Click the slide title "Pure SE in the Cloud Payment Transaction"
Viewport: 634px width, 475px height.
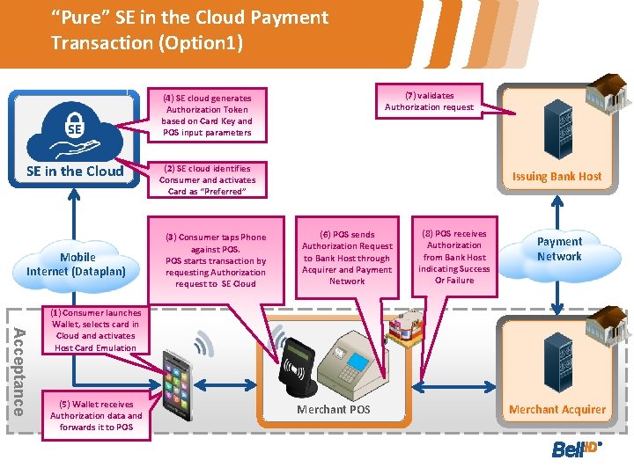(x=189, y=29)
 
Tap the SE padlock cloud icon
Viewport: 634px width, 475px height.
(x=76, y=127)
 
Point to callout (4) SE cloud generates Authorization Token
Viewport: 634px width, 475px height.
(x=206, y=115)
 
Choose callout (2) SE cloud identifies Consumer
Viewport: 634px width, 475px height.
(x=207, y=179)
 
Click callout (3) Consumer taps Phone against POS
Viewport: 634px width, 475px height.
(x=216, y=259)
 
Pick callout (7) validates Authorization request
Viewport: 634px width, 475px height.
(x=429, y=101)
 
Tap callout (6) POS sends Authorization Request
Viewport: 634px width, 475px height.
(x=347, y=258)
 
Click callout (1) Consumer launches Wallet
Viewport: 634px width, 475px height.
(x=95, y=330)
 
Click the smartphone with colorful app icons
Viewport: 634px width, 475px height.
(x=187, y=383)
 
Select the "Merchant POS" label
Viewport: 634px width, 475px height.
(x=334, y=410)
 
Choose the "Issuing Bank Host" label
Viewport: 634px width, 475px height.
(x=557, y=176)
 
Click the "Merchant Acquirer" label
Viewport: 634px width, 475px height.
(x=557, y=410)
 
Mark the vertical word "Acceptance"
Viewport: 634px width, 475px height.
(x=18, y=369)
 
